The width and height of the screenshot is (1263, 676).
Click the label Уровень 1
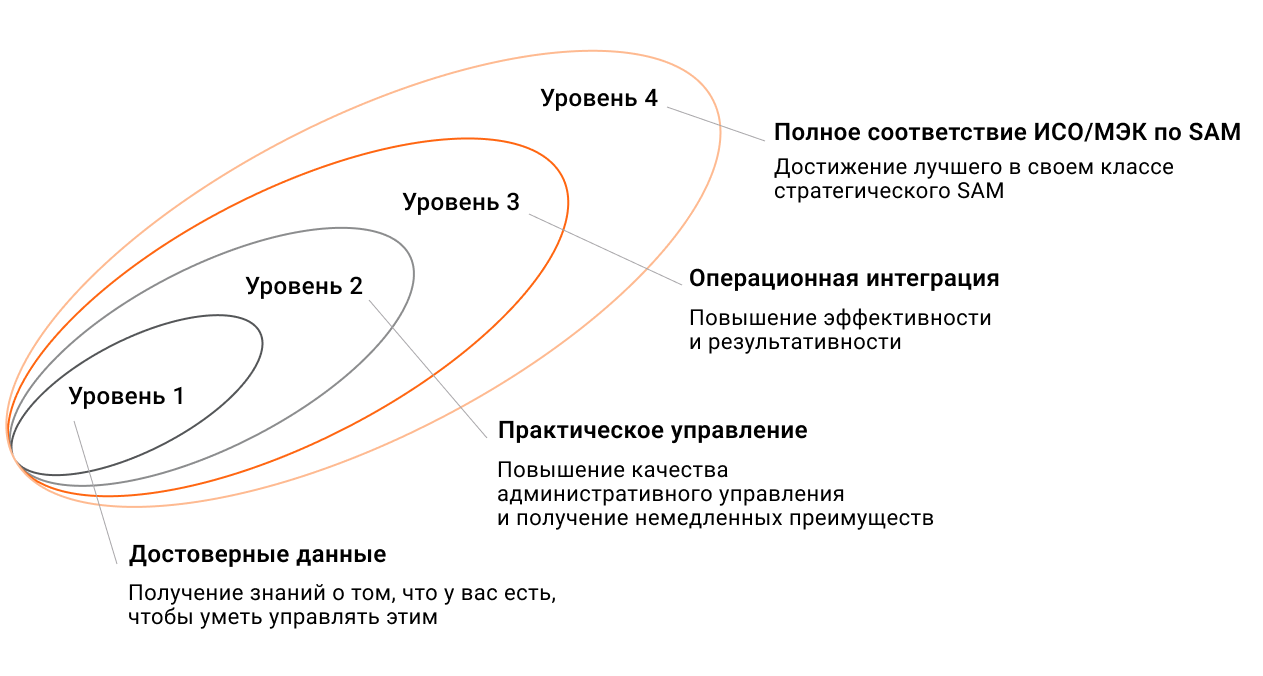tap(126, 396)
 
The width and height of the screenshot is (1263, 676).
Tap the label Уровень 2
tap(304, 286)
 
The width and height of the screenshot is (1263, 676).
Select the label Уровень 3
tap(461, 202)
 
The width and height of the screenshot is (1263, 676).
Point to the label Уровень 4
tap(599, 98)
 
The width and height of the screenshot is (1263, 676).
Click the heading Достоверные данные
tap(257, 554)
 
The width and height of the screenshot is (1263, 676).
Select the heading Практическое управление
tap(652, 430)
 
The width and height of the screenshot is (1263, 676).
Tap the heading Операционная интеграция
tap(844, 278)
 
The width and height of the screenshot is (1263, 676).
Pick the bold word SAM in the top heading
tap(1213, 132)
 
